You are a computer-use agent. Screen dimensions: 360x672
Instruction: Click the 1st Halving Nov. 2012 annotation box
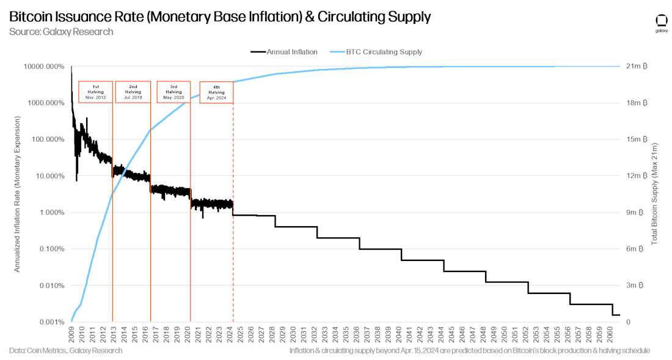click(x=95, y=92)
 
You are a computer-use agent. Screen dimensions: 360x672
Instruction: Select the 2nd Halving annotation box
click(x=133, y=92)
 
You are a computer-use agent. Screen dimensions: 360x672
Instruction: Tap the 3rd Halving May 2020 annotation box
click(x=173, y=92)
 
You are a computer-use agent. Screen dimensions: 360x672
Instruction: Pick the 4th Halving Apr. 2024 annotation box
click(x=216, y=92)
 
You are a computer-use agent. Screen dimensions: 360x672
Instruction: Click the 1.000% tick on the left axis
click(x=51, y=213)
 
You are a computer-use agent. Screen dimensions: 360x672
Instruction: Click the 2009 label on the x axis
click(x=71, y=334)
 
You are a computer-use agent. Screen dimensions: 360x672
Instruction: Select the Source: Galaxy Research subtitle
click(x=61, y=31)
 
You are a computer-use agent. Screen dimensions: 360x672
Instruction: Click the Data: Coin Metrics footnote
click(x=66, y=350)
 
